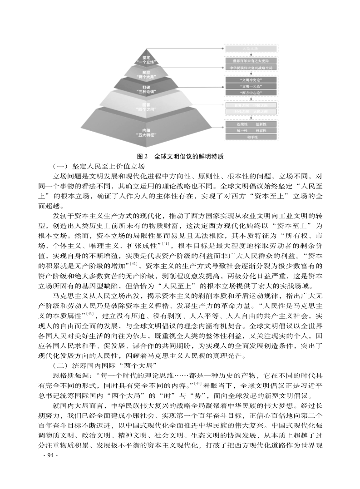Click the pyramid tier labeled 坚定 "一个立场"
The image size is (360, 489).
(146, 59)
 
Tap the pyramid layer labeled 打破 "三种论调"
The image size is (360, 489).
(146, 88)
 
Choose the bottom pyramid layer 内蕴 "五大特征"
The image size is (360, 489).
(146, 132)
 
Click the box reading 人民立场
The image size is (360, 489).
(250, 48)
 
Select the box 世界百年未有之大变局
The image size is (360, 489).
(250, 60)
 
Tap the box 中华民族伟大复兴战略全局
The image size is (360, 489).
(250, 68)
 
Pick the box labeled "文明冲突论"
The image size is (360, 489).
(250, 79)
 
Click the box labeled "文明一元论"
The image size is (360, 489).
(250, 86)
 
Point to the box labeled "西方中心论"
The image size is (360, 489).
(250, 93)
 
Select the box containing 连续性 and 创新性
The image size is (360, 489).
(250, 123)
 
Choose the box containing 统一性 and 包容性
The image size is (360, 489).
(250, 130)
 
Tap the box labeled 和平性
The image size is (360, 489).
(250, 137)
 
